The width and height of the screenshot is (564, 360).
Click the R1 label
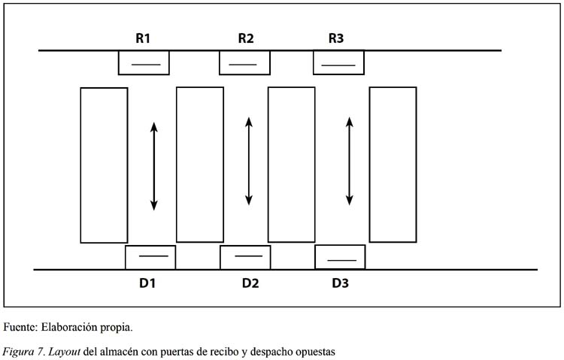tap(143, 38)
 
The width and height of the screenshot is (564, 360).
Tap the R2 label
tap(246, 38)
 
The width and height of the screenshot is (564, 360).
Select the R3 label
tap(336, 38)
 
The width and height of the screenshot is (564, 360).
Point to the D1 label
tap(147, 283)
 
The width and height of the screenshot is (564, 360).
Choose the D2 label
tap(250, 283)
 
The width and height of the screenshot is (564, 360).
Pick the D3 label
tap(340, 283)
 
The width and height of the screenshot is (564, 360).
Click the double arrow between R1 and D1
tap(154, 166)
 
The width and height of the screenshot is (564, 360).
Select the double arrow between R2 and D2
tap(249, 162)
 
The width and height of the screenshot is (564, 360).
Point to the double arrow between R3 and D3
tap(349, 162)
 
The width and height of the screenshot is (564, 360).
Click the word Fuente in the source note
tap(20, 327)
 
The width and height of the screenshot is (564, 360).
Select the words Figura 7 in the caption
tap(23, 352)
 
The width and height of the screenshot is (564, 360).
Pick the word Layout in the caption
tap(64, 352)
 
